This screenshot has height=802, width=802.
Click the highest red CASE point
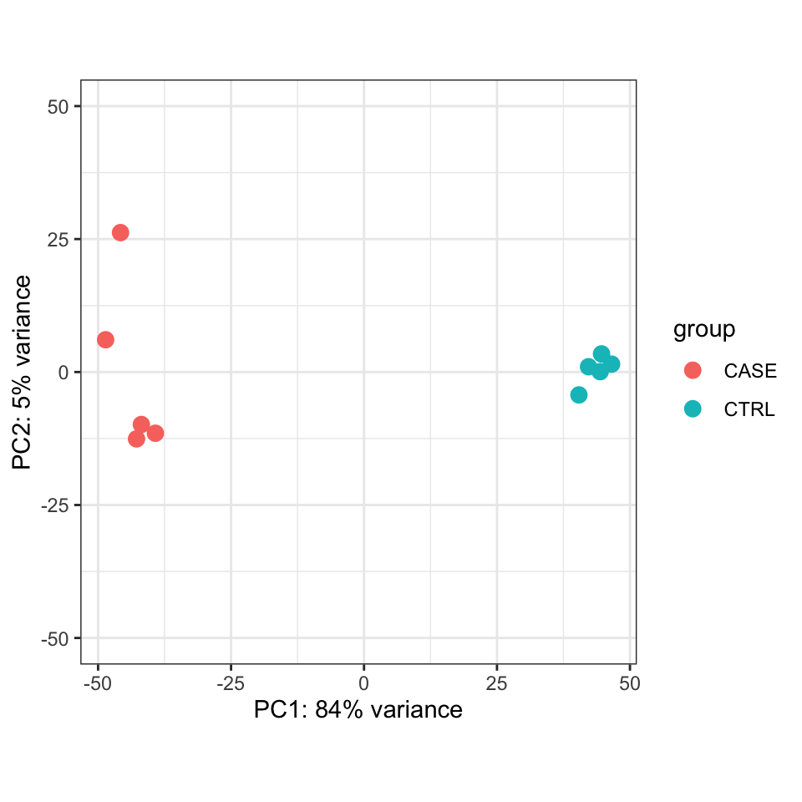[120, 232]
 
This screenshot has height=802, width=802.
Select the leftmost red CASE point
[105, 339]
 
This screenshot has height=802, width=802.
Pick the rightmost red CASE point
[155, 433]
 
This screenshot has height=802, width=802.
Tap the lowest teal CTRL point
[578, 394]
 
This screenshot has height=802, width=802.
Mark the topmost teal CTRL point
[601, 354]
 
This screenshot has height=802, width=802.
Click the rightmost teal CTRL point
[612, 364]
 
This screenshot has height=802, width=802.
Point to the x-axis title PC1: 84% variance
[358, 710]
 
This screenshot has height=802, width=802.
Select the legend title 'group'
[704, 330]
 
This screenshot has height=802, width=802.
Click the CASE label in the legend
[750, 371]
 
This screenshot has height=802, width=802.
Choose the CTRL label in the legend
[749, 409]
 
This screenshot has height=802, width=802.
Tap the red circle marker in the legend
[693, 370]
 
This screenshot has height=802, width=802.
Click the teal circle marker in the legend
[693, 409]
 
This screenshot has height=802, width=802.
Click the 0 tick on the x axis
[363, 683]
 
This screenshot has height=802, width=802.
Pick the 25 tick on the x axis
[497, 683]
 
